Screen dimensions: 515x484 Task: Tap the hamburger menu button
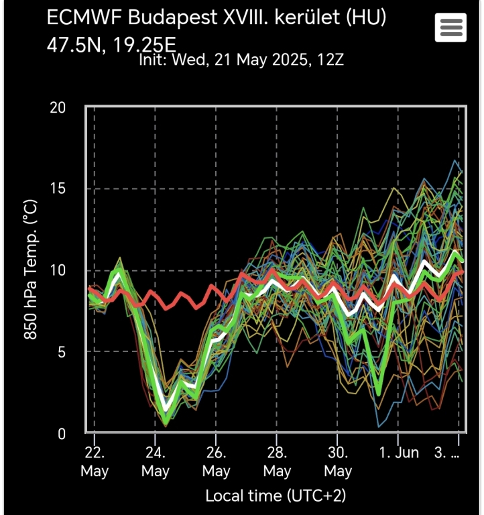(x=450, y=27)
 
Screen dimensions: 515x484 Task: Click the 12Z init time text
(x=330, y=60)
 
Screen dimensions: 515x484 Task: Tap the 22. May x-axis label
(x=95, y=461)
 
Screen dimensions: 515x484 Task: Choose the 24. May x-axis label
(x=155, y=461)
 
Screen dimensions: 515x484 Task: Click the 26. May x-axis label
(x=216, y=461)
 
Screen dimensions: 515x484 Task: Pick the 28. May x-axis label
(x=277, y=461)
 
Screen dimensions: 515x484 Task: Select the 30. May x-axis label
(x=338, y=461)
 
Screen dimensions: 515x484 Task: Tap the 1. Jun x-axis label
(x=398, y=453)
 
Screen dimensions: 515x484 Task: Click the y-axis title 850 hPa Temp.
(x=30, y=268)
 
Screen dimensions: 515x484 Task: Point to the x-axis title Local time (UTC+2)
(x=276, y=496)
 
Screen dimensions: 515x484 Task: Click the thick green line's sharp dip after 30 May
(x=379, y=393)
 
